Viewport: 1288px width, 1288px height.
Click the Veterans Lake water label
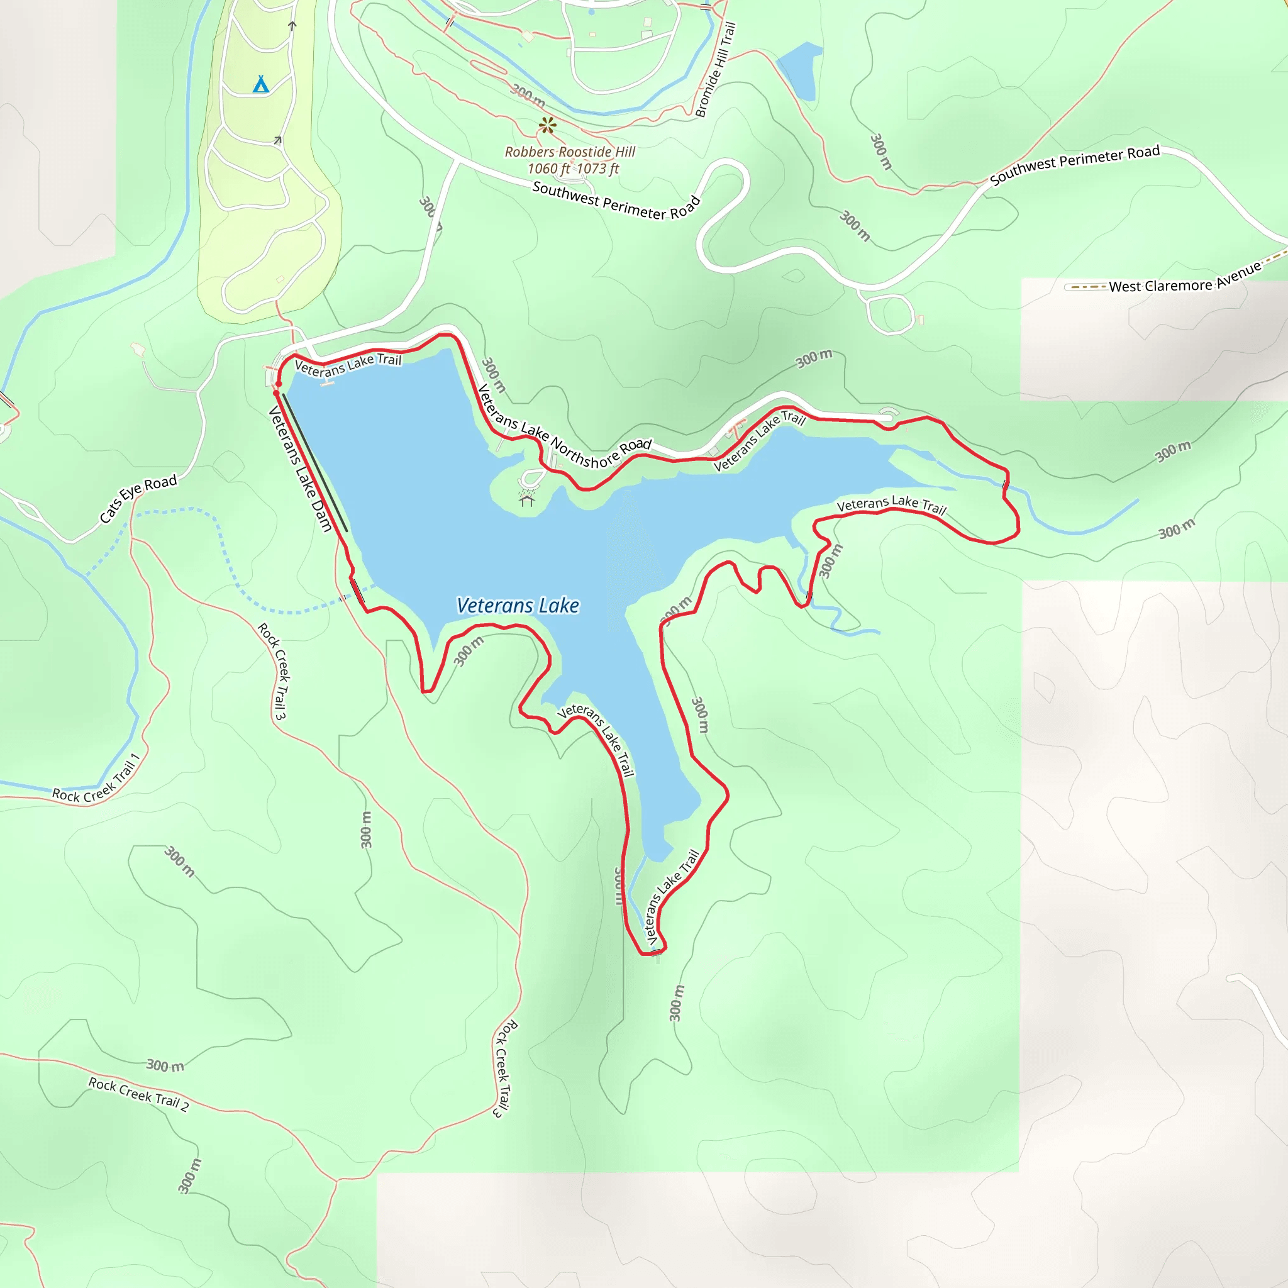[x=518, y=606]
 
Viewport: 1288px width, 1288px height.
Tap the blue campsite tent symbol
[x=260, y=85]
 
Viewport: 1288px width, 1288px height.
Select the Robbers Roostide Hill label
[x=570, y=152]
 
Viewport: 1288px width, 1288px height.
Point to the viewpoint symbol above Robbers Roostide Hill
[x=547, y=125]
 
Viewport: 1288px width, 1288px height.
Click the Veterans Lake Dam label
[x=299, y=469]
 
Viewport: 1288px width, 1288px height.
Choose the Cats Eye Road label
[x=138, y=498]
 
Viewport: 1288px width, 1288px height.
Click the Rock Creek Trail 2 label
[x=138, y=1094]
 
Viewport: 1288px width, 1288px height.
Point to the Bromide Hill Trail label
[x=715, y=69]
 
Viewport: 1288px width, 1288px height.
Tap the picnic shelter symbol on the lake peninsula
[x=526, y=499]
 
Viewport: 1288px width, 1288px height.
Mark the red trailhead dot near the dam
[x=277, y=385]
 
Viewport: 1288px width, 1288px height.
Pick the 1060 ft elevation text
[x=548, y=169]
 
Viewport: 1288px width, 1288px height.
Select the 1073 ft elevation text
[x=598, y=169]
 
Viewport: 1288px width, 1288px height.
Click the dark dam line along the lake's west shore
[x=314, y=463]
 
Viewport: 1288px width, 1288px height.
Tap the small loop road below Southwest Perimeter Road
[x=890, y=313]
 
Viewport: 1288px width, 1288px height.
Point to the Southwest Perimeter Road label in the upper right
[x=1075, y=165]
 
